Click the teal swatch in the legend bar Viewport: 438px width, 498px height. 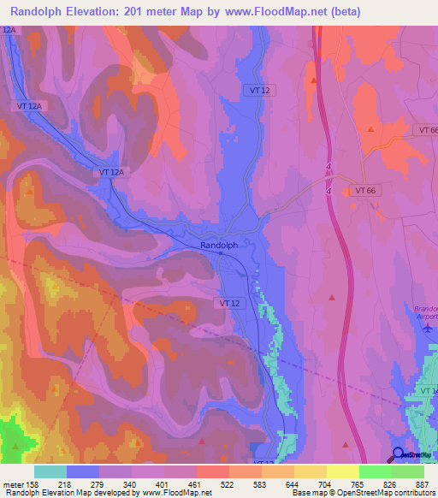[50, 471]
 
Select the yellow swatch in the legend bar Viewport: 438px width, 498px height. [343, 471]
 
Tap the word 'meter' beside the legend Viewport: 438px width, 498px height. [13, 485]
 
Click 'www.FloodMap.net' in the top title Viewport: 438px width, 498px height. [257, 12]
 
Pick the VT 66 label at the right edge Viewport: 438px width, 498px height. [428, 129]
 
